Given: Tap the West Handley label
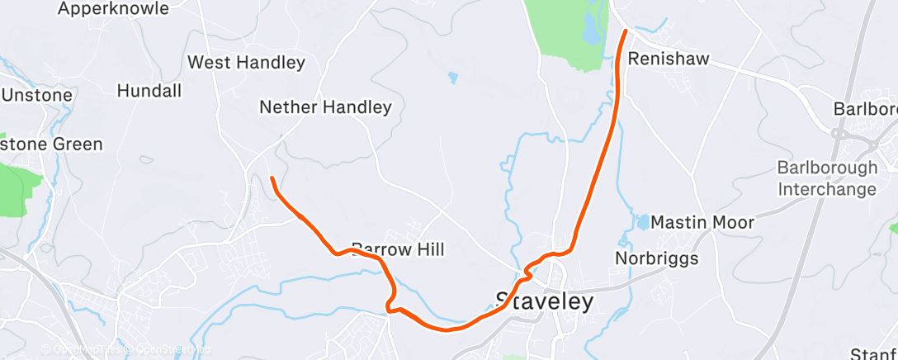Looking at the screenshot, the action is click(x=246, y=63).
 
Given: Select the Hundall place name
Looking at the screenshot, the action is click(x=149, y=91).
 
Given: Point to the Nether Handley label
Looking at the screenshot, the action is click(x=325, y=107).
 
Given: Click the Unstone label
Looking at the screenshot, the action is click(x=37, y=95).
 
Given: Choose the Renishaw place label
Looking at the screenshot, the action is click(x=669, y=59).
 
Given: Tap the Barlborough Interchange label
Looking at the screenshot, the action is click(x=826, y=178).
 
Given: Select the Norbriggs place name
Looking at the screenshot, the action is click(x=657, y=258).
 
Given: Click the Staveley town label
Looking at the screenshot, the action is click(x=544, y=301).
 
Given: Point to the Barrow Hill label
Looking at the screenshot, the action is click(x=398, y=249).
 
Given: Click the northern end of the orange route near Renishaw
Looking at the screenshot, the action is click(x=626, y=31).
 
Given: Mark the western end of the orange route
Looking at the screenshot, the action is click(x=272, y=178).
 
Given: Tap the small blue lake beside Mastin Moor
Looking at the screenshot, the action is click(x=641, y=221).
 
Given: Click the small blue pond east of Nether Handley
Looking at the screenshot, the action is click(x=452, y=78).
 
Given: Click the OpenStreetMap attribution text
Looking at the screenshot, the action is click(x=170, y=350).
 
